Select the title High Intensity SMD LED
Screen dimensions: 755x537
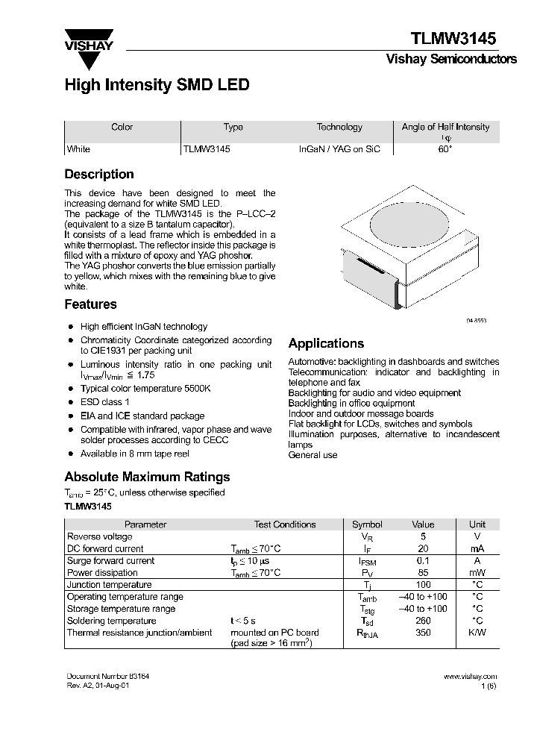point(157,85)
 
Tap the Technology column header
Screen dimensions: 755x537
point(339,127)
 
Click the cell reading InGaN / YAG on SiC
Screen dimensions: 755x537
point(339,149)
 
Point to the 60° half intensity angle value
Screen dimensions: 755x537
point(445,149)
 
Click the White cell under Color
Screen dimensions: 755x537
point(79,149)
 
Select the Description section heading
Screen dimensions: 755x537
point(99,175)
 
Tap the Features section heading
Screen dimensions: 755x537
point(90,304)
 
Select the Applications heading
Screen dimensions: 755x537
point(326,344)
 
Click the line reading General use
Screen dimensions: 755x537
point(313,454)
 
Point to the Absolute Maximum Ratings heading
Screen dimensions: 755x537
point(147,477)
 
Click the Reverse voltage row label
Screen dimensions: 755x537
point(100,536)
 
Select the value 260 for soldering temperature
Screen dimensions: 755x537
point(423,621)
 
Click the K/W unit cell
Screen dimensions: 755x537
point(477,633)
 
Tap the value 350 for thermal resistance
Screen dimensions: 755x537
point(423,633)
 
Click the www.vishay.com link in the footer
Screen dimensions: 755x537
point(470,676)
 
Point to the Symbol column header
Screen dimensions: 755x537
point(367,524)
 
